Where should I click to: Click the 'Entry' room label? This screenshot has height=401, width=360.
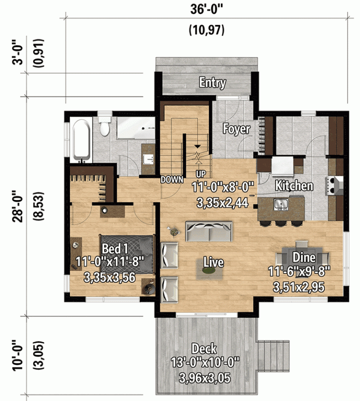coord(212,83)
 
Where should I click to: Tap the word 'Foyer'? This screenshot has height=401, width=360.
coord(236,129)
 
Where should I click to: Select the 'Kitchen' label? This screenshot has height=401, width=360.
coord(294,186)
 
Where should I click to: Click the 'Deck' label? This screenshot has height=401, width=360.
coord(204,349)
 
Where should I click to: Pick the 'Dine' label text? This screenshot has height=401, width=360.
coord(304,258)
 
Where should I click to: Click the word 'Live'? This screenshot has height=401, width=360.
coord(213,262)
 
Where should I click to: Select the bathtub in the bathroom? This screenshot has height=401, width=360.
coord(81,140)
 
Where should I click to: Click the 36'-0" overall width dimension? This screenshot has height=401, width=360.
coord(206,10)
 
